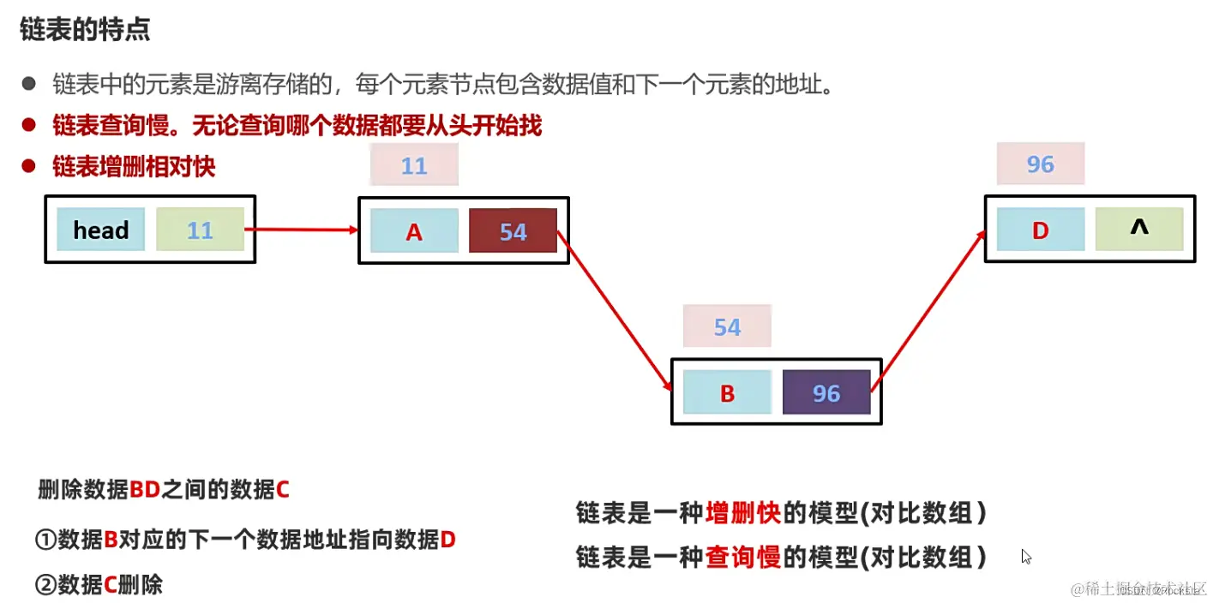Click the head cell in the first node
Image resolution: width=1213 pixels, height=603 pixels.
coord(100,230)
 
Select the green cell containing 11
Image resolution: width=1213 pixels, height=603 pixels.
coord(200,230)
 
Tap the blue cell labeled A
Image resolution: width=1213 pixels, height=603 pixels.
coord(414,231)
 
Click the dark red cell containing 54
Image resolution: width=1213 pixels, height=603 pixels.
coord(513,231)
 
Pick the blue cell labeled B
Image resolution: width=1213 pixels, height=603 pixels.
coord(727,393)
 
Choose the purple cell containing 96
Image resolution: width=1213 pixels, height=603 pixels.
coord(826,393)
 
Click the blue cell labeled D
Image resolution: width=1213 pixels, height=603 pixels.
coord(1040,230)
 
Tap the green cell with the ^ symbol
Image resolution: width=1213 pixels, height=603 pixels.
coord(1139,229)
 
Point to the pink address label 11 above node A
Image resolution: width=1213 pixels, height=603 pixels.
coord(414,165)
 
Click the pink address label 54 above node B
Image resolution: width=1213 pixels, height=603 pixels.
coord(727,326)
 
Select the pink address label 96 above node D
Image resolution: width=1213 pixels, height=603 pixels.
coord(1040,164)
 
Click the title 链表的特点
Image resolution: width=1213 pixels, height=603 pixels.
coord(85,30)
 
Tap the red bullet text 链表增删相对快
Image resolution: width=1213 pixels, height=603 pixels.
coord(134,166)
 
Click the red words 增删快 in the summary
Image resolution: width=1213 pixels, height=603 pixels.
coord(742,513)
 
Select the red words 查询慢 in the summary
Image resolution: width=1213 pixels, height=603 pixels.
coord(742,558)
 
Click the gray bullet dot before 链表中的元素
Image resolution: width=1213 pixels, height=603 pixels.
coord(29,84)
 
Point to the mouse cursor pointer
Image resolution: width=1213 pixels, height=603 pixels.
coord(1026,556)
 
